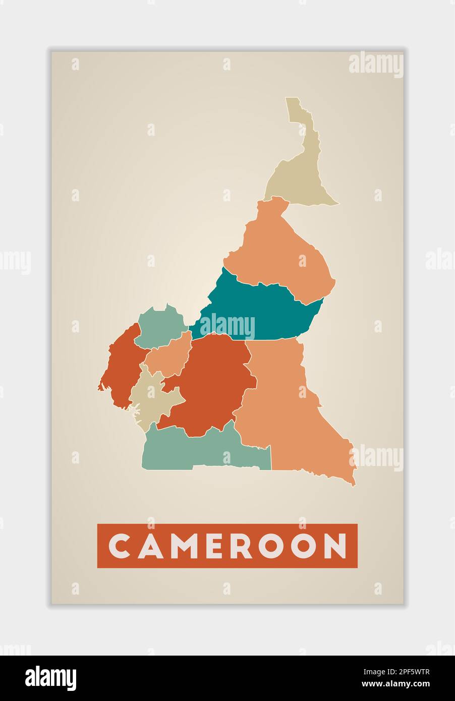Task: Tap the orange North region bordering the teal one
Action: tap(282, 252)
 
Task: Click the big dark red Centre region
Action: tap(212, 383)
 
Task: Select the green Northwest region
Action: tap(159, 328)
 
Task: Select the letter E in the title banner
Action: tap(215, 546)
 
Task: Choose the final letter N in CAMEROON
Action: tap(335, 546)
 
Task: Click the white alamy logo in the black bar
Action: tap(51, 678)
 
